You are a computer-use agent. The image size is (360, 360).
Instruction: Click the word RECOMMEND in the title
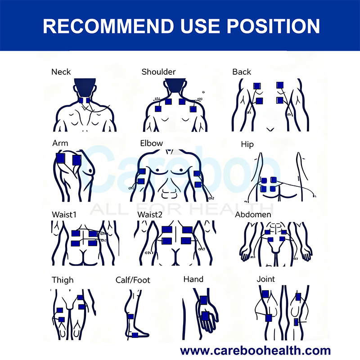point(108,26)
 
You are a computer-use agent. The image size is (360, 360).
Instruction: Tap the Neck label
point(61,72)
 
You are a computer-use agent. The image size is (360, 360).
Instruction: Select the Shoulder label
point(158,72)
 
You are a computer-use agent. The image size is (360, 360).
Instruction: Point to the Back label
point(242,72)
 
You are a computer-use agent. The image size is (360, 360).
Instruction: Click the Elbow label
point(152,143)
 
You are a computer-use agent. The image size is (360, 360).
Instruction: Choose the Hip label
point(247,144)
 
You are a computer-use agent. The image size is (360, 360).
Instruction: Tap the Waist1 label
point(64,215)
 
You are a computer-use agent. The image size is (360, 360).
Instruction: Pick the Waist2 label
point(150,215)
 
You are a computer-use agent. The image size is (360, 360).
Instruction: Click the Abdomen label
point(253,215)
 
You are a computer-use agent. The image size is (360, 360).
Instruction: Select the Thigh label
point(63,280)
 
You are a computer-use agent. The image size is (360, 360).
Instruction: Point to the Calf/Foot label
point(133,280)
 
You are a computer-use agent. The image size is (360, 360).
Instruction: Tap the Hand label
point(193,279)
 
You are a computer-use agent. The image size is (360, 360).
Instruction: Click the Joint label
point(265,279)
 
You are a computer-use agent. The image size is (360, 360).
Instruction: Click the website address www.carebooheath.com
point(255,351)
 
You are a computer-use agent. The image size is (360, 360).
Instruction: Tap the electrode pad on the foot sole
point(135,335)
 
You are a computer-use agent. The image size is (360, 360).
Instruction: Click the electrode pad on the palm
point(205,316)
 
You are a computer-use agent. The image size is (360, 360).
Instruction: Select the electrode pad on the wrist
point(204,300)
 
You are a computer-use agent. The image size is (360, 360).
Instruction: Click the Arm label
point(60,143)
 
